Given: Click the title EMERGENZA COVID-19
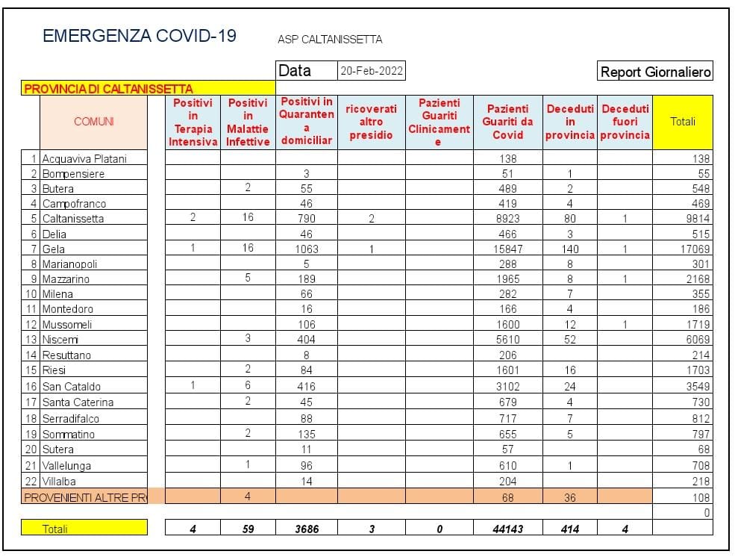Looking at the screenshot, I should (x=140, y=36).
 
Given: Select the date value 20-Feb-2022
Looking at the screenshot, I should (x=372, y=72).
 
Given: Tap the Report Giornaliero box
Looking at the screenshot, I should (x=655, y=72).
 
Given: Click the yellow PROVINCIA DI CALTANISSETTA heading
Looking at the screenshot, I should (x=109, y=89).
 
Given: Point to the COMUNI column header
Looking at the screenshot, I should (x=94, y=122).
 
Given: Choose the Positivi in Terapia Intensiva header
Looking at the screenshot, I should (x=193, y=122).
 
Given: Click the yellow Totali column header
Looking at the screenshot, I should (x=682, y=122).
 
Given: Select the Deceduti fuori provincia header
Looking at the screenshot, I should (x=625, y=122).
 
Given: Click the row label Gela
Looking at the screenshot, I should (x=54, y=249).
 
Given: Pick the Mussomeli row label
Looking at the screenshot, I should (x=68, y=325).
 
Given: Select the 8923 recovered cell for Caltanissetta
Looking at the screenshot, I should (x=507, y=219).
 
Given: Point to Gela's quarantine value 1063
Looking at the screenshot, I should (x=306, y=249).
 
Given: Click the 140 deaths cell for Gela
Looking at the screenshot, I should (x=570, y=249).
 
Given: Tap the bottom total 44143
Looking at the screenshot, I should (x=507, y=529).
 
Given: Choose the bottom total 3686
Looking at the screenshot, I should (x=306, y=529).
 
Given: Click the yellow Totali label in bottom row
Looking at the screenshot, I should (x=54, y=529).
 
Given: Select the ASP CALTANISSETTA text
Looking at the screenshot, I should (x=330, y=40).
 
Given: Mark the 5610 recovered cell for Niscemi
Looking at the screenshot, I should (x=507, y=339).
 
